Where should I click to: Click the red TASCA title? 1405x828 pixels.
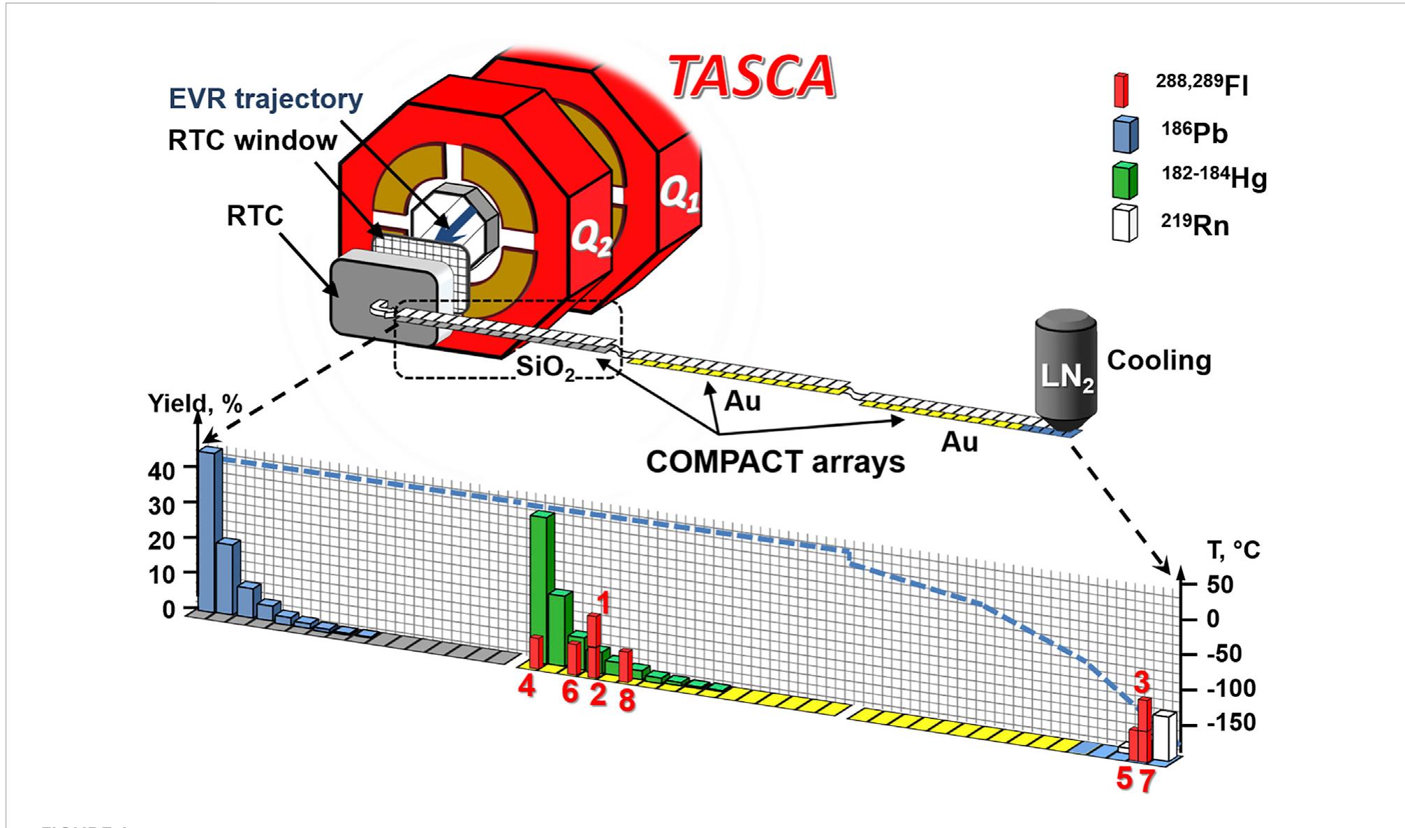click(x=751, y=76)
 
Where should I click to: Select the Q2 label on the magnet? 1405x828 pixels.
click(x=591, y=241)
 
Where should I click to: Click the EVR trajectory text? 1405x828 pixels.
click(x=265, y=99)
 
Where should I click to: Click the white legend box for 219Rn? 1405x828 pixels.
click(x=1124, y=224)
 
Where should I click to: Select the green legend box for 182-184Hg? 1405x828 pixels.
click(x=1124, y=180)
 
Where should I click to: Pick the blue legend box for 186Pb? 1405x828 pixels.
click(x=1124, y=134)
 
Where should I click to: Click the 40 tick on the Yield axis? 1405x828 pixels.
click(x=161, y=471)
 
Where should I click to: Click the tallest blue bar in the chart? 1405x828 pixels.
click(x=210, y=531)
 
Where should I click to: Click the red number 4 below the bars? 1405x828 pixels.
click(x=527, y=686)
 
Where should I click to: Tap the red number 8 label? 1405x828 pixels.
click(x=627, y=700)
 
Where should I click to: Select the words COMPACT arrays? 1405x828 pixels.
click(x=775, y=462)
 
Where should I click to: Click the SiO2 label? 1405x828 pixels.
click(x=545, y=367)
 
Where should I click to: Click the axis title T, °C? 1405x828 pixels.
click(x=1233, y=551)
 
